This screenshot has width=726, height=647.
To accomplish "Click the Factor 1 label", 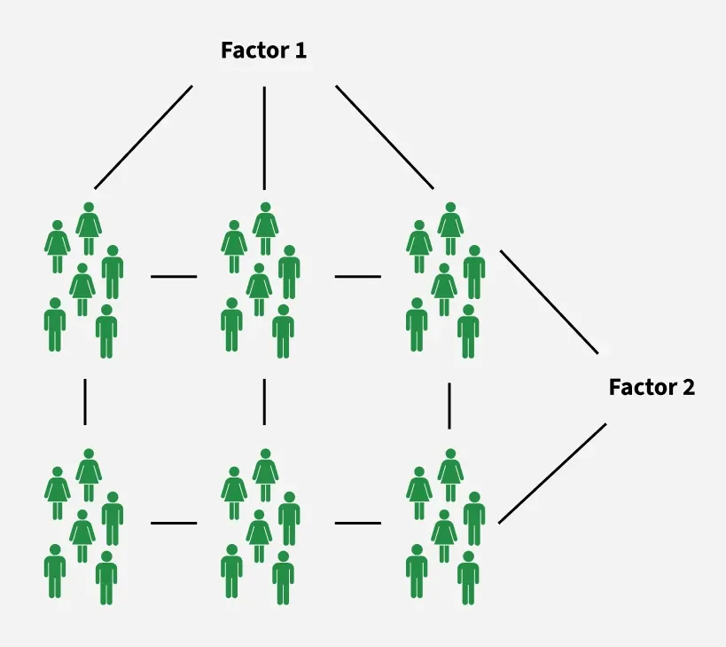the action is pos(263,50).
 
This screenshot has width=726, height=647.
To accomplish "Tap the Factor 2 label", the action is pos(652,387).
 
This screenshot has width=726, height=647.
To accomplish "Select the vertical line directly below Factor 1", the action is pos(264,138).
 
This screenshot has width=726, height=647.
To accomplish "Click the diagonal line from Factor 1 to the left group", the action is pos(144,138).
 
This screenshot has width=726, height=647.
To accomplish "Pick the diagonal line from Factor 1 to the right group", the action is pos(385,138).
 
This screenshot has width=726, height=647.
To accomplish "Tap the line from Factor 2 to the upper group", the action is pos(549,302).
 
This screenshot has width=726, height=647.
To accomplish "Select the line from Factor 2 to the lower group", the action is pos(552,473).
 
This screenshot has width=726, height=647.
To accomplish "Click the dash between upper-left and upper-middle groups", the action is pos(174,277).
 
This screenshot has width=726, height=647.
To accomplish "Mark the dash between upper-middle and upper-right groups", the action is pos(358,277).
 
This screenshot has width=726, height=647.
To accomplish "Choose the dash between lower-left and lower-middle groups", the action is pos(174,524).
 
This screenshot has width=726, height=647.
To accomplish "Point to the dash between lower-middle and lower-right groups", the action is pos(358,524).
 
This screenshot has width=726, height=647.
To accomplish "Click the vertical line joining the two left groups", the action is pos(85,402).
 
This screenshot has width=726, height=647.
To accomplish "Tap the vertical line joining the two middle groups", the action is pos(264,402).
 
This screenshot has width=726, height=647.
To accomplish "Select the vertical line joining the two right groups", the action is pos(449,406).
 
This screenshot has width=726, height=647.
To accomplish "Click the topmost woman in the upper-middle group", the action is pos(265,228).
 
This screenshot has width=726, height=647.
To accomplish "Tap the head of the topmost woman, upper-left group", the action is pos(89,207).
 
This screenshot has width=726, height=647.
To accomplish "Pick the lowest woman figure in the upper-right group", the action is pos(444,289).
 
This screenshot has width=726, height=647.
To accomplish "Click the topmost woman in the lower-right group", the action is pos(450,475).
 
